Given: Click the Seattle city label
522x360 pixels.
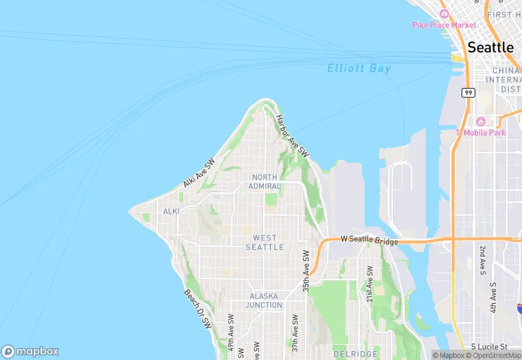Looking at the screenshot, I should pyautogui.click(x=490, y=47).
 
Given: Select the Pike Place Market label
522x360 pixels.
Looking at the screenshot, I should pyautogui.click(x=444, y=25).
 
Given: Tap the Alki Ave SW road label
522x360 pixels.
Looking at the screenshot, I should pyautogui.click(x=199, y=173).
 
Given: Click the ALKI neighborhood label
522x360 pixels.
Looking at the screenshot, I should pyautogui.click(x=171, y=212).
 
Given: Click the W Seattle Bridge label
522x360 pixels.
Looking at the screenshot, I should pyautogui.click(x=370, y=240).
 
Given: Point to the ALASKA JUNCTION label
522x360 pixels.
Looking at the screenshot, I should pyautogui.click(x=264, y=300).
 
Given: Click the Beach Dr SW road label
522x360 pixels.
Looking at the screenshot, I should pyautogui.click(x=198, y=308).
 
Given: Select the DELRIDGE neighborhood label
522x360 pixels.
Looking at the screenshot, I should pyautogui.click(x=352, y=353).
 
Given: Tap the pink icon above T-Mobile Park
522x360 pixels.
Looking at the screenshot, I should pyautogui.click(x=481, y=121).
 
